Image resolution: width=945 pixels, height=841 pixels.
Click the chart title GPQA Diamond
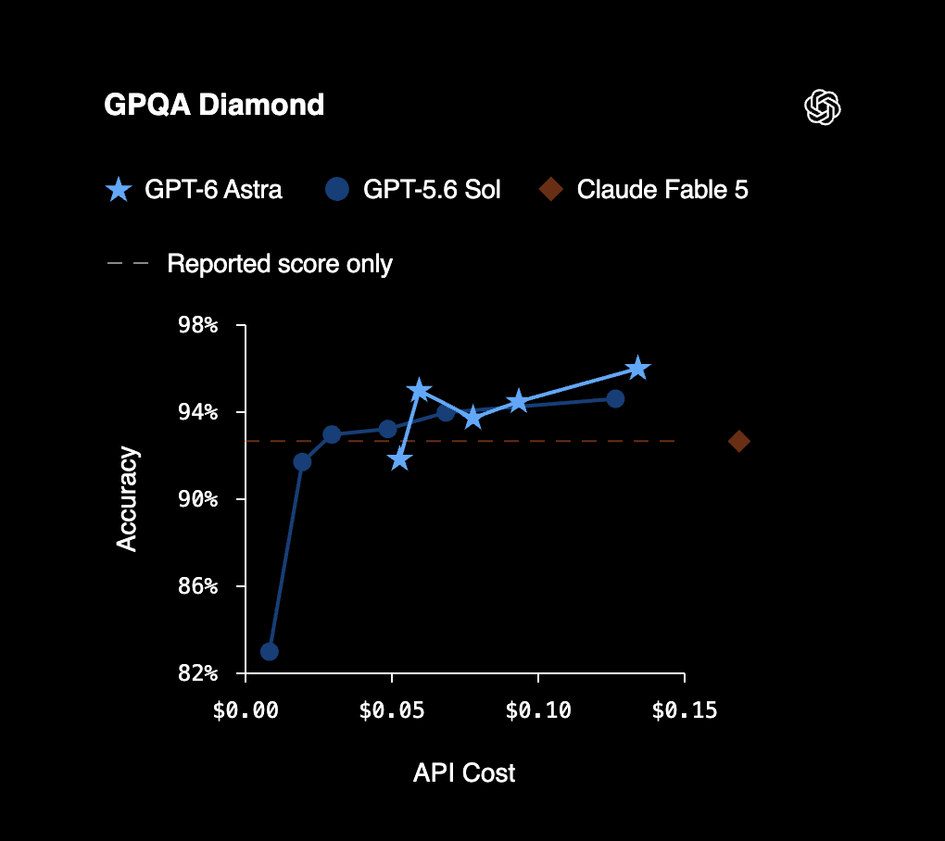tap(214, 105)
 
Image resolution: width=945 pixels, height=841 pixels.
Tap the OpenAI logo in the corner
tap(823, 107)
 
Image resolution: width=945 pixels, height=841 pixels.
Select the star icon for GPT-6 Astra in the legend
tap(119, 189)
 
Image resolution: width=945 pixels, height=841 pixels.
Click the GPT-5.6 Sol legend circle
tap(337, 189)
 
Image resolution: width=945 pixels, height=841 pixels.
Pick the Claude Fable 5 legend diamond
tap(551, 189)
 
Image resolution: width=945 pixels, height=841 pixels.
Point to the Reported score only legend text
tap(280, 264)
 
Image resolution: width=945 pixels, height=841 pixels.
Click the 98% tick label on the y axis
tap(197, 325)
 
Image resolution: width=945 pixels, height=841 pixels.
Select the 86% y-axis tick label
tap(197, 585)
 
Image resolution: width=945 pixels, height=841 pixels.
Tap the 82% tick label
tap(197, 672)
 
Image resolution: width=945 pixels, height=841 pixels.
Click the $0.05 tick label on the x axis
tap(392, 711)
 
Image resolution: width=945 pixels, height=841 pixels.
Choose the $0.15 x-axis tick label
tap(685, 711)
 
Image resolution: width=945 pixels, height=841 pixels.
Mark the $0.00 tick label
tap(246, 711)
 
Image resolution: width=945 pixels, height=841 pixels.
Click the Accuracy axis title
tap(127, 499)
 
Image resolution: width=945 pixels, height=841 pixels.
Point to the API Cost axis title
tap(464, 773)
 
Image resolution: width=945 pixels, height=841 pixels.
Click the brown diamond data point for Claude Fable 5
tap(739, 442)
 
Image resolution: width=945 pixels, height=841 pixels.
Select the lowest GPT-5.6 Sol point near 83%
tap(270, 651)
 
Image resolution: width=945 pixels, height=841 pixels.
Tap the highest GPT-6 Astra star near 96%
tap(638, 368)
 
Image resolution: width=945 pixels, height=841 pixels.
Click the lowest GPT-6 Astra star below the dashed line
tap(400, 459)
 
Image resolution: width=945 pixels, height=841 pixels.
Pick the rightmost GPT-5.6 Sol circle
tap(615, 399)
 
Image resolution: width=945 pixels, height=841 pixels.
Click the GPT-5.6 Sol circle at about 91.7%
tap(302, 462)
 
